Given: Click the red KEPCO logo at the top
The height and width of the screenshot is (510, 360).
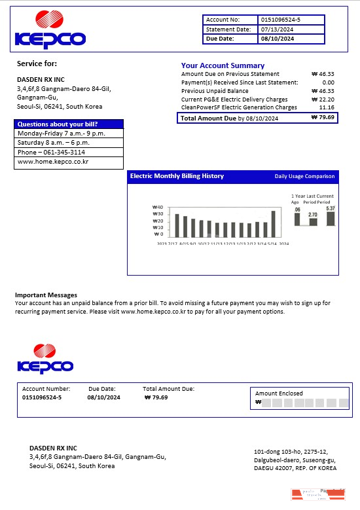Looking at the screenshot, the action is point(50,30).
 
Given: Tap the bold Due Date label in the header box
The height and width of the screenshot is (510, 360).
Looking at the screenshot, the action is point(220,39).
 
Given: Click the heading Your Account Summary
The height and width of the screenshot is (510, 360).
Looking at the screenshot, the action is point(223,65).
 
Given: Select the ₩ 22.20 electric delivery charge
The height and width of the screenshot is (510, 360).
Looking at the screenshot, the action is point(323,100).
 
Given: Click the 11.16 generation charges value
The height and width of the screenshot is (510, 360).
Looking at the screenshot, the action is point(327,107).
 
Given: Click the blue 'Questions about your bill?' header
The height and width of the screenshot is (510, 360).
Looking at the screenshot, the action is point(58,124).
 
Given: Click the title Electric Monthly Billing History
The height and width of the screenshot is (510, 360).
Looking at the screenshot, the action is point(177,176).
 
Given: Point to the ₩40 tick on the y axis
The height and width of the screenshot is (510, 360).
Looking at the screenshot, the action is point(157,208).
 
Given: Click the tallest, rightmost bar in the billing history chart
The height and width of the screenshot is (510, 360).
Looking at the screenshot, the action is point(273,223).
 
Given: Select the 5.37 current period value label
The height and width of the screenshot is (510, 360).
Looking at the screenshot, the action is point(330,208).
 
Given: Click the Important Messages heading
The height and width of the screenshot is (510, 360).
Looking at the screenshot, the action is point(46,295).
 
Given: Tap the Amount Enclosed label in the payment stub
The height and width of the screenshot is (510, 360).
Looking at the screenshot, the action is point(279,393).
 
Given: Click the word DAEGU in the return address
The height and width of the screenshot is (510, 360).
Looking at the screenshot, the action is point(264,468).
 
